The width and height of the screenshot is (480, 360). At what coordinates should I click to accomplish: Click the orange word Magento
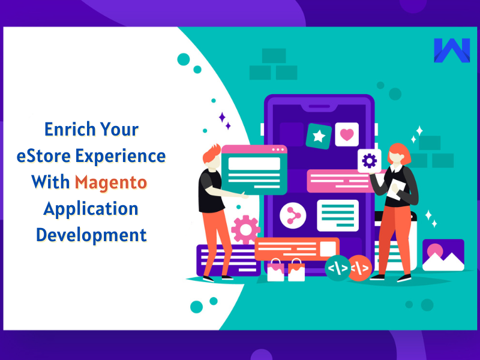110,181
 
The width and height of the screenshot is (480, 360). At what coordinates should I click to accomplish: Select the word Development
91,234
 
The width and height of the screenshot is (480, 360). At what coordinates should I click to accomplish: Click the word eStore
47,156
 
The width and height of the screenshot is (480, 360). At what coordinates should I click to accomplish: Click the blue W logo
451,52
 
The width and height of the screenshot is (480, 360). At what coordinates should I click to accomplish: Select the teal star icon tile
319,137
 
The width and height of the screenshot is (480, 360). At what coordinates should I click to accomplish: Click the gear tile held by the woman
370,161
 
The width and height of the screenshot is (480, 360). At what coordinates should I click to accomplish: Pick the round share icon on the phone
293,214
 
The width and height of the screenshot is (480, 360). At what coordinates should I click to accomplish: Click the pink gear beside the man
245,229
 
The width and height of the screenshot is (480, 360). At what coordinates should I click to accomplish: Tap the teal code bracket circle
338,268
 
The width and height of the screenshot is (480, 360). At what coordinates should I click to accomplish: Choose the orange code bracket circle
360,268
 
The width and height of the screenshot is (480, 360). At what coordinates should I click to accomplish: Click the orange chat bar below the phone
296,248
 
